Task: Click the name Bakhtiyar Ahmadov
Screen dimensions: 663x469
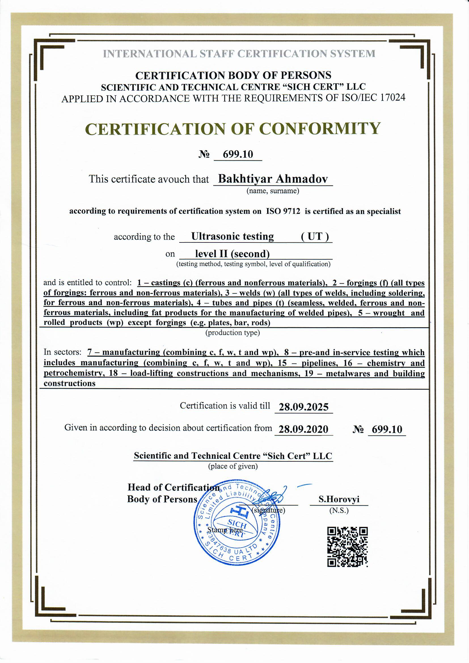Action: [273, 179]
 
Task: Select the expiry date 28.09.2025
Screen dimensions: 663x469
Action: [303, 407]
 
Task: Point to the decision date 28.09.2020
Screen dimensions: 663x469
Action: [303, 429]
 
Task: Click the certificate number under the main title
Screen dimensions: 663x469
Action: [238, 154]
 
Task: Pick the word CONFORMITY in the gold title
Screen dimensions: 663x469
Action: [320, 129]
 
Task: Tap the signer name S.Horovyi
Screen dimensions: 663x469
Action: [339, 499]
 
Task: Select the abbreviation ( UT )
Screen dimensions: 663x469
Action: [315, 237]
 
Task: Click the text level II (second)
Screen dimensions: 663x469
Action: [233, 254]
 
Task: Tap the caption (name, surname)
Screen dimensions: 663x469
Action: [272, 191]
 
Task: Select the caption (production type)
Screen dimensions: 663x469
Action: [233, 333]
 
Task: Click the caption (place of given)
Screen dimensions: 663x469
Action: [233, 466]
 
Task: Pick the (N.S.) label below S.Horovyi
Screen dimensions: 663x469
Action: [339, 510]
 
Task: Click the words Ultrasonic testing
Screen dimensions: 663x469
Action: [233, 237]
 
